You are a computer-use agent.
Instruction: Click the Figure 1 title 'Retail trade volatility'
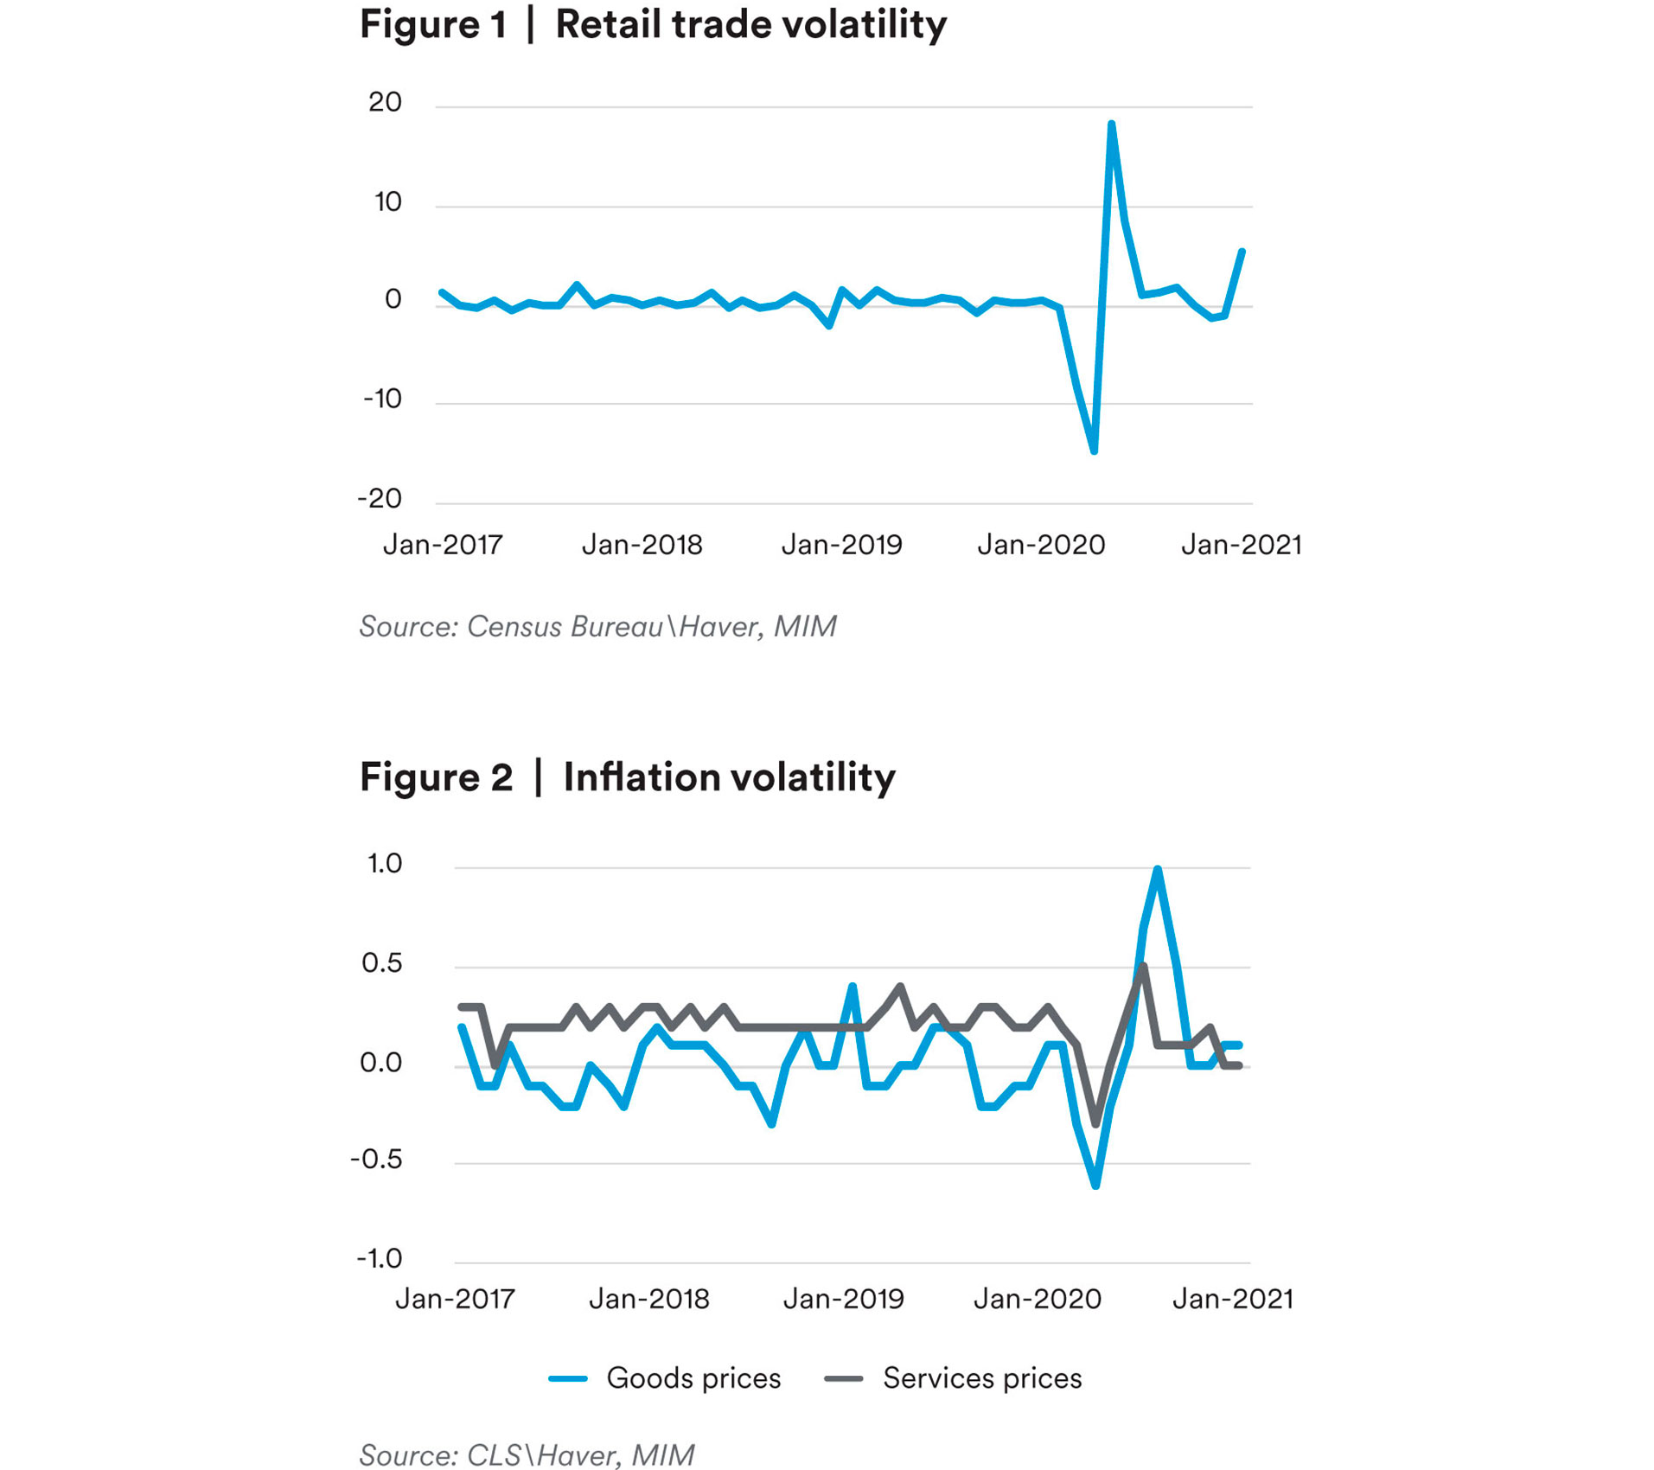[x=750, y=24]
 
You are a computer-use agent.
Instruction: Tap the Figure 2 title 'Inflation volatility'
[x=729, y=777]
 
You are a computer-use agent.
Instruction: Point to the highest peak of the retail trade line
[x=1111, y=125]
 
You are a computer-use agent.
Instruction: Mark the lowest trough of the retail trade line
[x=1095, y=451]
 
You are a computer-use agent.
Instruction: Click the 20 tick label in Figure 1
[x=385, y=102]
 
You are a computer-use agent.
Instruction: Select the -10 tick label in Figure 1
[x=382, y=399]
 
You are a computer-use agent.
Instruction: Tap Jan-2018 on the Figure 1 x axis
[x=642, y=545]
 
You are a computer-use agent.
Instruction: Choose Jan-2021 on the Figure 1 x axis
[x=1241, y=545]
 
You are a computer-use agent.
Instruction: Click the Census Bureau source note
[x=597, y=626]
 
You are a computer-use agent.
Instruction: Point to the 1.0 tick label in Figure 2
[x=385, y=863]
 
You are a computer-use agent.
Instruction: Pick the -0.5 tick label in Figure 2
[x=377, y=1159]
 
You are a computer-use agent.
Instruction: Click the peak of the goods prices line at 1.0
[x=1157, y=869]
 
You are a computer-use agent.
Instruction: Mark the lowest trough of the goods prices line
[x=1095, y=1186]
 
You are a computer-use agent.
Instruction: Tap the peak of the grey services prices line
[x=1143, y=966]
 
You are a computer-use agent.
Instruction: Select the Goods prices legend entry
[x=666, y=1377]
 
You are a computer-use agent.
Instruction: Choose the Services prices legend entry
[x=954, y=1377]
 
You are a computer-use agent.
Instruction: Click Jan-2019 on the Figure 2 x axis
[x=843, y=1299]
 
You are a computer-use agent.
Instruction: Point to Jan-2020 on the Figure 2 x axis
[x=1038, y=1299]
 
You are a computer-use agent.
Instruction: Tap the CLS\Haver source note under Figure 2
[x=527, y=1454]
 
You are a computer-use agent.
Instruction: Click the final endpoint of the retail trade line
[x=1242, y=252]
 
